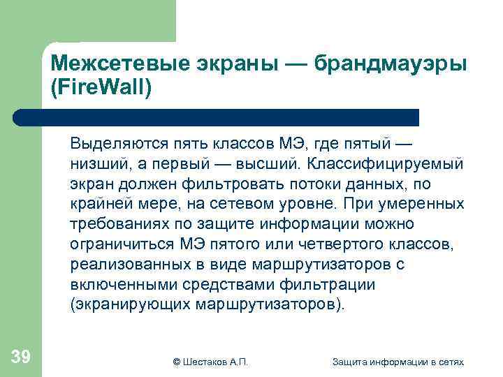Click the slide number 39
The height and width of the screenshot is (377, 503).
click(x=21, y=357)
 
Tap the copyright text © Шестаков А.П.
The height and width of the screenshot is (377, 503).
click(x=210, y=361)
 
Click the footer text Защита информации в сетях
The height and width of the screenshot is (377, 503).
click(x=398, y=361)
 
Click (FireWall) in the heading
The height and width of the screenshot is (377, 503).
click(x=101, y=89)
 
